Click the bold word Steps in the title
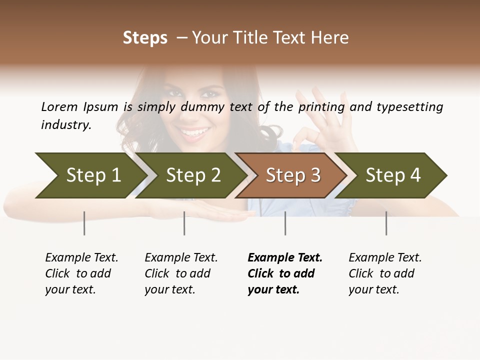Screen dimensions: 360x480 145,38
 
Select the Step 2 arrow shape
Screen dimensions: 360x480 192,175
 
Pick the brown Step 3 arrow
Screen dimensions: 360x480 292,175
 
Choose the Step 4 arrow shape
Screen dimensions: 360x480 392,175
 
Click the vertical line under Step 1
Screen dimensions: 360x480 84,223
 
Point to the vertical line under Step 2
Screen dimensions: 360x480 184,223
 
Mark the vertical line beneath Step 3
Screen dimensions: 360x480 285,223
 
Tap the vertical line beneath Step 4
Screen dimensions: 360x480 386,223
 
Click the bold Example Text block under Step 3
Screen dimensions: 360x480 284,273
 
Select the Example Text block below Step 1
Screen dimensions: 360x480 81,273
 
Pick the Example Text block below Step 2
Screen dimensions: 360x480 181,273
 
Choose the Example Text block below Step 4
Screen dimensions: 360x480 385,273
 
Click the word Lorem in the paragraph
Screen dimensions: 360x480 59,107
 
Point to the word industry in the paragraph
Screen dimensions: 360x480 66,125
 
